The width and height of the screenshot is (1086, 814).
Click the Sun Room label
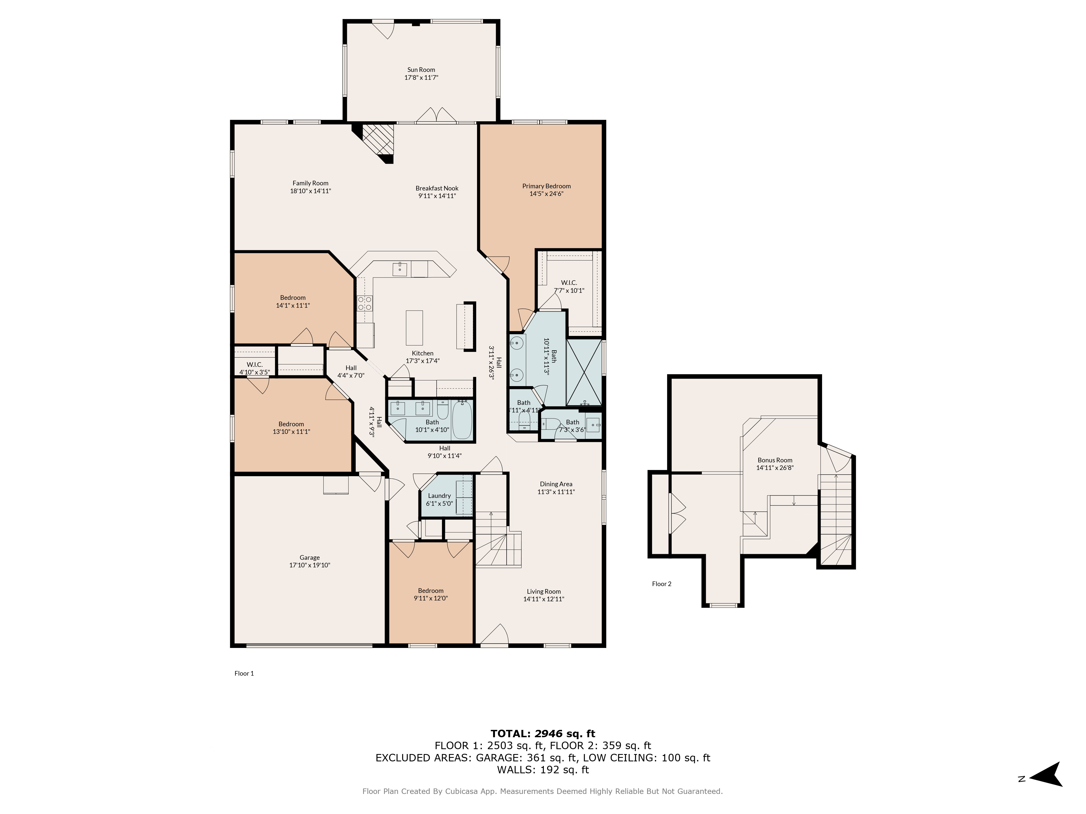pyautogui.click(x=421, y=70)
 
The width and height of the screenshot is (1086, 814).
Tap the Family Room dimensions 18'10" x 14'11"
pyautogui.click(x=310, y=191)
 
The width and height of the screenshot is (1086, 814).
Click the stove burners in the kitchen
pyautogui.click(x=365, y=303)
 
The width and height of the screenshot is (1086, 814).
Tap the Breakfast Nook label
pyautogui.click(x=437, y=188)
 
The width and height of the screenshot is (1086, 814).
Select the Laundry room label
pyautogui.click(x=439, y=495)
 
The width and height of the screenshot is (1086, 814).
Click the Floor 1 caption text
pyautogui.click(x=244, y=673)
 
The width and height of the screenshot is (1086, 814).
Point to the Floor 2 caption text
pyautogui.click(x=661, y=583)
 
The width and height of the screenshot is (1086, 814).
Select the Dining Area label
pyautogui.click(x=556, y=484)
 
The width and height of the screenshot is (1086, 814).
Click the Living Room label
pyautogui.click(x=544, y=591)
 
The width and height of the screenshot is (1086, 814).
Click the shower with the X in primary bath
pyautogui.click(x=584, y=372)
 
